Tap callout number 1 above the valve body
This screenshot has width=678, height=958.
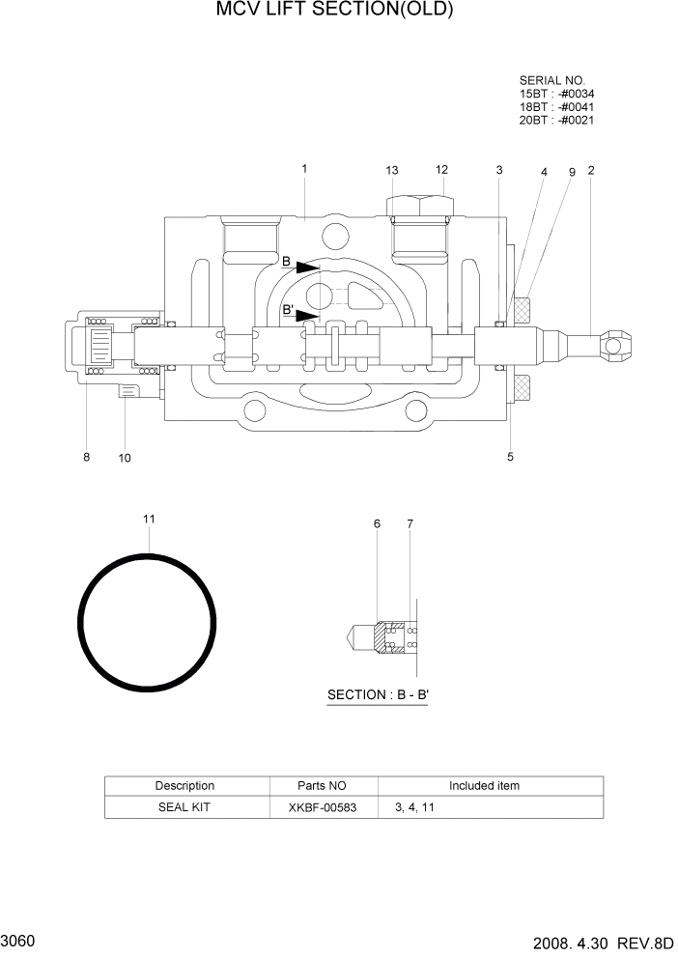pyautogui.click(x=304, y=169)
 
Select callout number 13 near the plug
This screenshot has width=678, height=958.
pyautogui.click(x=391, y=171)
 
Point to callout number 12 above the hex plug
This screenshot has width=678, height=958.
pyautogui.click(x=442, y=170)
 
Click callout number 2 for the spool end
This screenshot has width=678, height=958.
pyautogui.click(x=591, y=171)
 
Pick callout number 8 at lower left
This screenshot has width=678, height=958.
pyautogui.click(x=86, y=458)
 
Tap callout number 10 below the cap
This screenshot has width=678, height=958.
pyautogui.click(x=125, y=458)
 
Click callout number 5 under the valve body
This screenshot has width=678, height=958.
pyautogui.click(x=510, y=457)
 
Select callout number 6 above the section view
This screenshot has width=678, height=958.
pyautogui.click(x=377, y=523)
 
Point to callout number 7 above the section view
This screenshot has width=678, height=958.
pyautogui.click(x=410, y=523)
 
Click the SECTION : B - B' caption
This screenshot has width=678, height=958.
pyautogui.click(x=378, y=694)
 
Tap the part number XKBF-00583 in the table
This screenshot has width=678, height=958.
pyautogui.click(x=324, y=806)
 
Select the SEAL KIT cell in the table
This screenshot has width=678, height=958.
pyautogui.click(x=184, y=806)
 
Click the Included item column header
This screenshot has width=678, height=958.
pyautogui.click(x=484, y=785)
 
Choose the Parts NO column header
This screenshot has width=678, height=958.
pyautogui.click(x=323, y=785)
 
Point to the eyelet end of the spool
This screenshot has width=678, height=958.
pyautogui.click(x=615, y=341)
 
